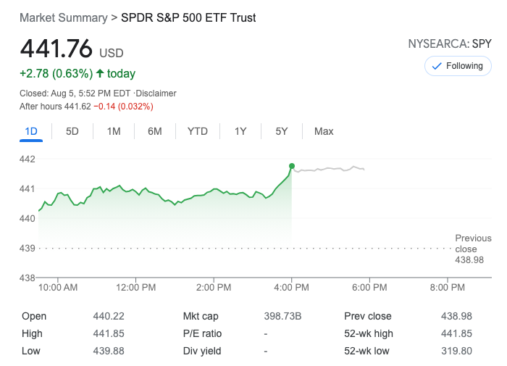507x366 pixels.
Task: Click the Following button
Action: [x=458, y=66]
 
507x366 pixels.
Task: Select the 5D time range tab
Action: [x=72, y=131]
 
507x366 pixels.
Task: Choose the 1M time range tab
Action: [x=114, y=131]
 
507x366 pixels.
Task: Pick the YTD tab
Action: [x=197, y=131]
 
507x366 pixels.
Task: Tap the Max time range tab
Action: [x=324, y=131]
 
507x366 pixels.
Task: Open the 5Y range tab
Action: [x=282, y=131]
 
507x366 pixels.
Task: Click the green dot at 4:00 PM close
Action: [x=292, y=166]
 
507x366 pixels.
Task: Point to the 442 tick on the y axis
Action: [x=27, y=159]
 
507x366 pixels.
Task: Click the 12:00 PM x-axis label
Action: [x=135, y=288]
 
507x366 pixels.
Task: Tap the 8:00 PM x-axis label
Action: [x=448, y=288]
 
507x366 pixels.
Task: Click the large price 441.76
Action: [x=56, y=49]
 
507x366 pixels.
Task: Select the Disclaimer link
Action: [x=157, y=93]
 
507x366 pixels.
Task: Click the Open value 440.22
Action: [x=106, y=316]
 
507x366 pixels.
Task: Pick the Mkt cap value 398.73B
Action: [x=283, y=316]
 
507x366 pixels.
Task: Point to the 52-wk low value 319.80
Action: [x=457, y=351]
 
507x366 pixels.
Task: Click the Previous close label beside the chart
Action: [x=473, y=243]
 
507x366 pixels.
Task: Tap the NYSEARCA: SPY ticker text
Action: [x=450, y=43]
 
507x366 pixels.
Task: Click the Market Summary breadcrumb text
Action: [x=62, y=17]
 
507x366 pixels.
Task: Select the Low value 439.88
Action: [x=107, y=351]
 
